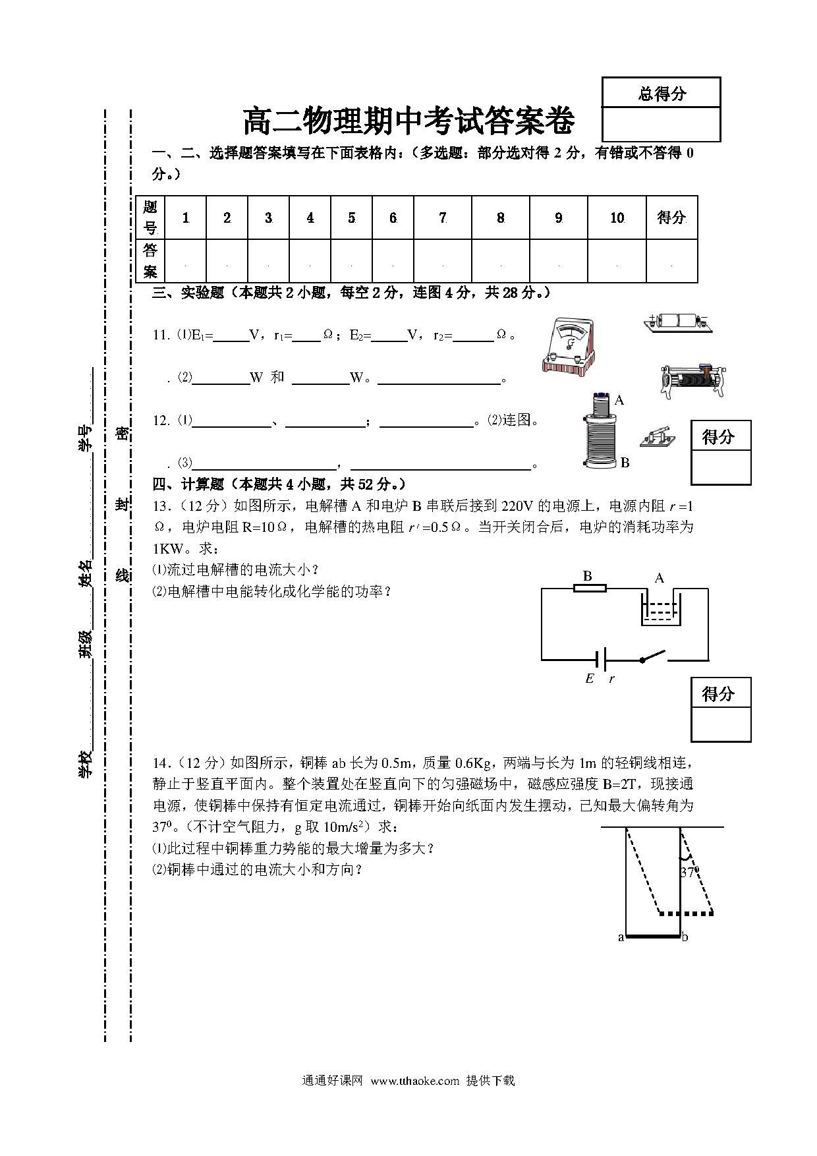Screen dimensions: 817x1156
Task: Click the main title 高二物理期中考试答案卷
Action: [x=408, y=121]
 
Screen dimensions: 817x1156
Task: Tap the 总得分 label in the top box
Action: [x=662, y=93]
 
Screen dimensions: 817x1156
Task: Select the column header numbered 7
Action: [x=443, y=217]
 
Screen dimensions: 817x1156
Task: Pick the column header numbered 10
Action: [x=617, y=217]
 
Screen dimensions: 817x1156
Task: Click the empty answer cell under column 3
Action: [x=269, y=261]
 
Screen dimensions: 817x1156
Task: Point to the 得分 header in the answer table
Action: [x=671, y=217]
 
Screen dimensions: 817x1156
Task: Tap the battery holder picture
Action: [x=678, y=322]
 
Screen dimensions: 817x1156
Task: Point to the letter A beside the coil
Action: [x=619, y=399]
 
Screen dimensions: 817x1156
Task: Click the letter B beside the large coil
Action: [x=625, y=463]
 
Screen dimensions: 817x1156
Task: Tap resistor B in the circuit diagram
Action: [x=590, y=588]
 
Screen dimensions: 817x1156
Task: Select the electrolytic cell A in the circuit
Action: [x=661, y=607]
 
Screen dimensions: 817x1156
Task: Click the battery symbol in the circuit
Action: [x=600, y=659]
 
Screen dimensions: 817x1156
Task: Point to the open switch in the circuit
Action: [x=653, y=656]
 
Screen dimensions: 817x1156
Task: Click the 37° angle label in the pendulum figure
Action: [x=689, y=872]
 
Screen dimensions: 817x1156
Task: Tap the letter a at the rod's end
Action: [x=621, y=937]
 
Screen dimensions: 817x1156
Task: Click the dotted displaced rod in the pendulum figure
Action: [x=687, y=913]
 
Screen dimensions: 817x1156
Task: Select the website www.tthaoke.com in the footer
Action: [x=414, y=1081]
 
